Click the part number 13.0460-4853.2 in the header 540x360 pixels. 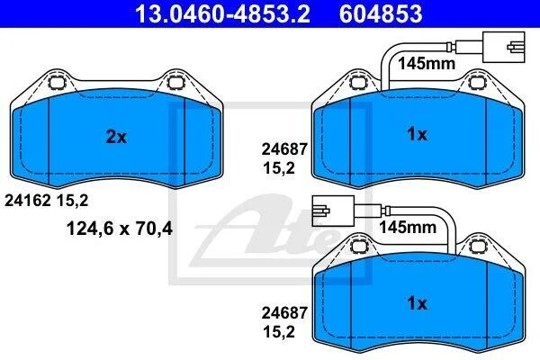(222, 13)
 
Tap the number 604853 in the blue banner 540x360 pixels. (381, 13)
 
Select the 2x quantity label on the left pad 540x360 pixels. (116, 137)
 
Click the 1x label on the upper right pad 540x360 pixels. (417, 134)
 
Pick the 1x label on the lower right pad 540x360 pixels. (417, 303)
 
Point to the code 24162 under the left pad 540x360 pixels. (28, 201)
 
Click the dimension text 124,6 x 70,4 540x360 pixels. (120, 229)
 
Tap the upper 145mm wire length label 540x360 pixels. (427, 63)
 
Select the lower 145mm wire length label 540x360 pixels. (408, 228)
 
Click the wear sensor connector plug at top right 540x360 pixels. (503, 47)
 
